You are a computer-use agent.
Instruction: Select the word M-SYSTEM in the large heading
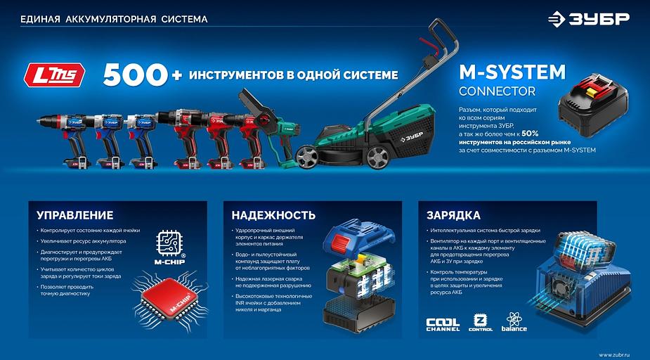[x=512, y=72]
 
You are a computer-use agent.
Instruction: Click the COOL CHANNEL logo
[x=443, y=324]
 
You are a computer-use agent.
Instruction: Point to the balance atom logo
[x=514, y=323]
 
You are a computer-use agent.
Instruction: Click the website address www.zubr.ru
[x=615, y=353]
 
